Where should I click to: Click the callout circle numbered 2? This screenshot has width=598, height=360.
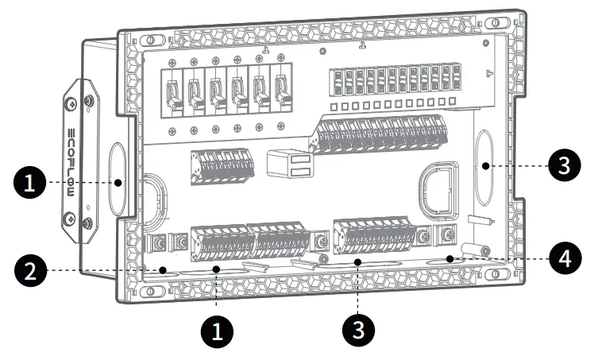(x=29, y=271)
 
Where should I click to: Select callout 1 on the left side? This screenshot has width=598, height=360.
(x=29, y=184)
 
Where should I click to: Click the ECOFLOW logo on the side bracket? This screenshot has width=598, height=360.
(x=71, y=159)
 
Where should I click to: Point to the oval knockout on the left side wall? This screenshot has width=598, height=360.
(x=117, y=180)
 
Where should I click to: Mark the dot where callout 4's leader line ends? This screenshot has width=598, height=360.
(x=449, y=258)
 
